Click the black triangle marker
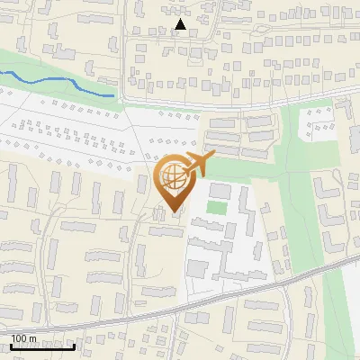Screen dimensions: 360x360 [181, 25]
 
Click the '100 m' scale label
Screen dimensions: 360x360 [23, 338]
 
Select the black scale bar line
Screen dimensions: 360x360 [42, 346]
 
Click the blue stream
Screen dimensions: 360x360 [54, 82]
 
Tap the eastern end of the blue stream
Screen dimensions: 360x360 [114, 94]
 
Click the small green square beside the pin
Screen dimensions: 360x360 [216, 208]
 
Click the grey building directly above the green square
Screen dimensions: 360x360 [219, 191]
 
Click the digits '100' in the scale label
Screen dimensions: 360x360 [19, 338]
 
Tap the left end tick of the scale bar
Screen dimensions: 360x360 [11, 345]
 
